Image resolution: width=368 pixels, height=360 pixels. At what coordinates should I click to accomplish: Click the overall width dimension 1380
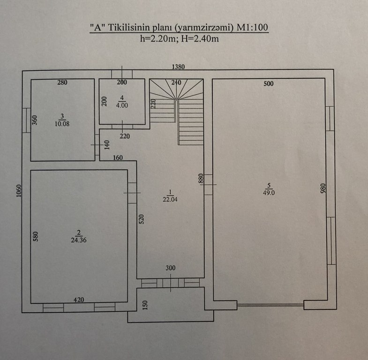click(178, 67)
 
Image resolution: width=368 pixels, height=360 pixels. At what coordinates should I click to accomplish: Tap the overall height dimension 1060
click(19, 191)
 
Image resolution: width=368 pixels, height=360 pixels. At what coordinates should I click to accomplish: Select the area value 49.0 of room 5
click(269, 193)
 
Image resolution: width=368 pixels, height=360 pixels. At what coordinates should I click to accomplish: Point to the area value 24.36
click(79, 240)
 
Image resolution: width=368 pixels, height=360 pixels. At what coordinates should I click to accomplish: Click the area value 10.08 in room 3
click(62, 124)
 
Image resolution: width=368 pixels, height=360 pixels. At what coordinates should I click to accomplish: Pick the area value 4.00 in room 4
click(122, 105)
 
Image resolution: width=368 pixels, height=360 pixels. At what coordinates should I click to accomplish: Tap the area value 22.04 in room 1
click(170, 200)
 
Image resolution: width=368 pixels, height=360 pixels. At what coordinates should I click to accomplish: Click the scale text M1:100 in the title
click(252, 28)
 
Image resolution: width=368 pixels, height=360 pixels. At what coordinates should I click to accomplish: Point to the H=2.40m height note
click(200, 38)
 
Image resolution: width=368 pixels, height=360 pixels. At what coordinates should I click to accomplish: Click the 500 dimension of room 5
click(269, 84)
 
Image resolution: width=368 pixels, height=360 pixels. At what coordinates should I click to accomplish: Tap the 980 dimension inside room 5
click(323, 188)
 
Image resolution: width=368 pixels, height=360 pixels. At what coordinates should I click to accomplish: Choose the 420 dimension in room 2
click(79, 300)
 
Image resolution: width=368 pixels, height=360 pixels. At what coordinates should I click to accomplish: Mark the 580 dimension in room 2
click(35, 237)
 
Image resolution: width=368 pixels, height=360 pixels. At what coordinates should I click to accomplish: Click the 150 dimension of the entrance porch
click(145, 305)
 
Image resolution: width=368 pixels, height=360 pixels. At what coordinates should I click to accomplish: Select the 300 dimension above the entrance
click(170, 268)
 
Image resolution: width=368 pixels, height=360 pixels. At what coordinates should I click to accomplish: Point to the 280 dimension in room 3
click(62, 82)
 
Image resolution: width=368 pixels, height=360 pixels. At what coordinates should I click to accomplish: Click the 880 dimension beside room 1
click(201, 179)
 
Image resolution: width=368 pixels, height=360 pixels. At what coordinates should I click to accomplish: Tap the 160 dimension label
click(118, 157)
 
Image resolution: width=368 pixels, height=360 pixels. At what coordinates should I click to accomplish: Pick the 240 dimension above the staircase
click(176, 82)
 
